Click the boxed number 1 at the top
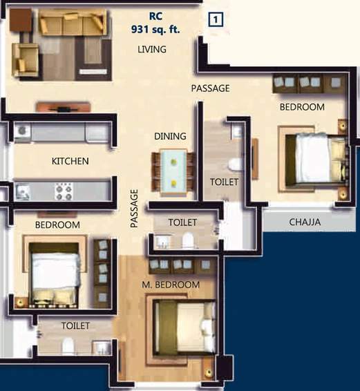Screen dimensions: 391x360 point(215,19)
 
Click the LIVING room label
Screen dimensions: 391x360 point(152,50)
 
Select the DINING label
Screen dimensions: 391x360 point(170,136)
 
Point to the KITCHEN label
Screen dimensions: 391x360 point(70,161)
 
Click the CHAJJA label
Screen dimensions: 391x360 point(305,222)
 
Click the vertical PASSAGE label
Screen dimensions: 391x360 point(135,208)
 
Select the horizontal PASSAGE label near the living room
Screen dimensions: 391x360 point(211,88)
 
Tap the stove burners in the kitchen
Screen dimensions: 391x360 point(64,191)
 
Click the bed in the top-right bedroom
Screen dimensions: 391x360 point(316,159)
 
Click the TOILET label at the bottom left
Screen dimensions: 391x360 point(75,325)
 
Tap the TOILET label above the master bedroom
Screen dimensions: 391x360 point(183,222)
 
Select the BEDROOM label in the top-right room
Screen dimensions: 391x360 point(302,107)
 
